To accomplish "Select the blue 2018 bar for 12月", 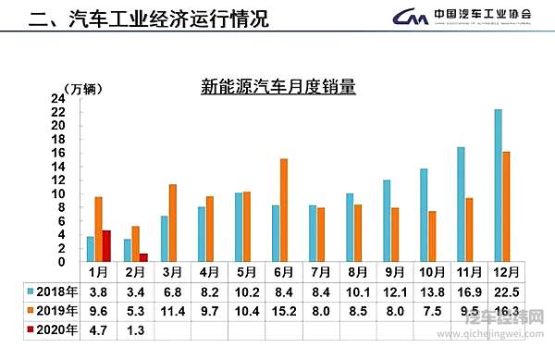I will coord(499,185).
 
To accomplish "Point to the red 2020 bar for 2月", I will coord(143,257).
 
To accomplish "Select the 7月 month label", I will coord(319,272).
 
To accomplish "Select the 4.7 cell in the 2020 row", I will coord(98,328).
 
